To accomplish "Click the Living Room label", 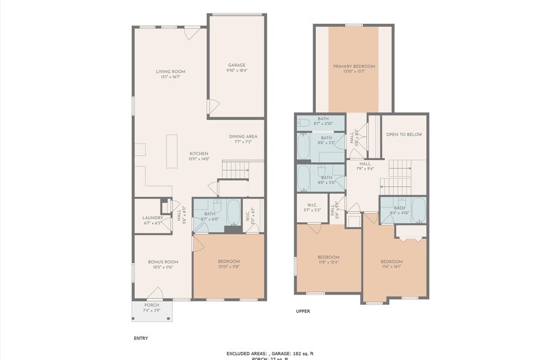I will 170,72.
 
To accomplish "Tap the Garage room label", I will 237,65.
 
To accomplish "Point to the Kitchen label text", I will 199,153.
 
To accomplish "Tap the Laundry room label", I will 152,217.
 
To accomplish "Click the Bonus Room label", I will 163,262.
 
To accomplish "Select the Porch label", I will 151,305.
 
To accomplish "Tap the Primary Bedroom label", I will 354,66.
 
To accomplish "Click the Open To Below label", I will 403,135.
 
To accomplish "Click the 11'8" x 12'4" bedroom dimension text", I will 328,262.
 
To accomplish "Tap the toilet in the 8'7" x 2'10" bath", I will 303,122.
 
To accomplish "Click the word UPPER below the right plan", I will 303,311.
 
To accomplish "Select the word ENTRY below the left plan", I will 141,338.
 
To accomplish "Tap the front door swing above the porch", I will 156,293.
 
